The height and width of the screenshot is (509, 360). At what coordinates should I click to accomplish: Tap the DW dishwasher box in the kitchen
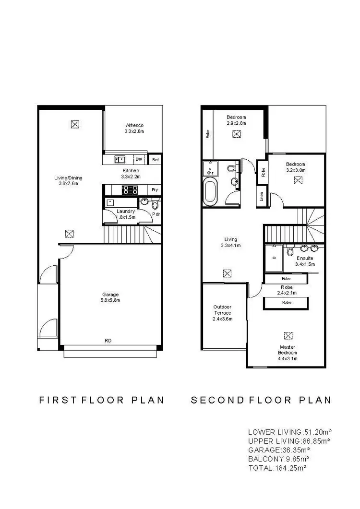point(139,159)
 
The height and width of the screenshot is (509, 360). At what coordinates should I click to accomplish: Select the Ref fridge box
point(155,160)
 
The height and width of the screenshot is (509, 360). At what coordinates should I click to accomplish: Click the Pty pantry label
point(155,189)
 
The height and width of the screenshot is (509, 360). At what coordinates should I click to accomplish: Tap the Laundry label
point(126,211)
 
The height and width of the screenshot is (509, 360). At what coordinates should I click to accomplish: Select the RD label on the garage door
point(108,341)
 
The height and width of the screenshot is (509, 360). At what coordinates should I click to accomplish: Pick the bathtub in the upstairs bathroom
point(210,192)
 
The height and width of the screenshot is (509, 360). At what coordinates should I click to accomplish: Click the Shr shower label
point(210,172)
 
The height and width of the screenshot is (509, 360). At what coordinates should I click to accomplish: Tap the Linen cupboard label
point(262,197)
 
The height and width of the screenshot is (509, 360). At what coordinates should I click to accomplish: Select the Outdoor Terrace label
point(223,310)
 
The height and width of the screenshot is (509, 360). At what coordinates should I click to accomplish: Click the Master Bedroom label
point(288,350)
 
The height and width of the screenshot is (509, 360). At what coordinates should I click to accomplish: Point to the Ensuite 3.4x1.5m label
point(305,261)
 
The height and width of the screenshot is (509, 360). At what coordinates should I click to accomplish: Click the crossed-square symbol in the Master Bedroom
point(288,335)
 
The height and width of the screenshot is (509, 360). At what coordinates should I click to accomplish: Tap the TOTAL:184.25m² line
point(277,467)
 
